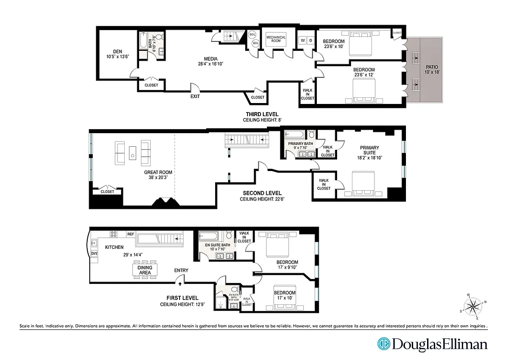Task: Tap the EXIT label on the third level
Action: click(x=195, y=96)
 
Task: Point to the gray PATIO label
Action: click(x=431, y=69)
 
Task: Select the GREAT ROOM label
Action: click(x=158, y=172)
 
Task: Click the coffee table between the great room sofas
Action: click(x=133, y=153)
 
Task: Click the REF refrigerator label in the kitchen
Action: click(x=131, y=234)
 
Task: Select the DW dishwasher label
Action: click(x=95, y=254)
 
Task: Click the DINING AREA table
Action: click(x=144, y=270)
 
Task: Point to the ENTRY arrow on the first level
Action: click(x=180, y=283)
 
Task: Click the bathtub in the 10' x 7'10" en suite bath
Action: click(x=208, y=235)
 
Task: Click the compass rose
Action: click(x=474, y=306)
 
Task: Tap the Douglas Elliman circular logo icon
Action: click(x=384, y=344)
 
